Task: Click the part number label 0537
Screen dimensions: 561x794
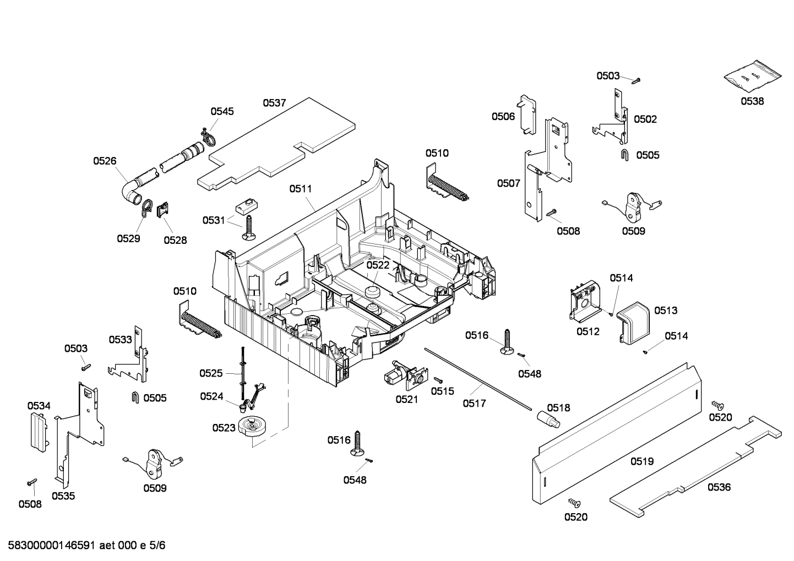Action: (x=274, y=102)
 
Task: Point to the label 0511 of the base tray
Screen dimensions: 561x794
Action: (x=301, y=189)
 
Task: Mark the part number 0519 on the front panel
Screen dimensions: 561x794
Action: (x=641, y=461)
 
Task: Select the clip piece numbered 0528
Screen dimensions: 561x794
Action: (x=163, y=211)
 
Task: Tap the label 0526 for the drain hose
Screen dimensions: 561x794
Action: (x=105, y=161)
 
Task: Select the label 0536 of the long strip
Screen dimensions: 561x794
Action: (x=719, y=487)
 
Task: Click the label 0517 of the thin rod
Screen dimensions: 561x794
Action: (x=474, y=404)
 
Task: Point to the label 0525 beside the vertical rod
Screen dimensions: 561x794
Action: (x=211, y=373)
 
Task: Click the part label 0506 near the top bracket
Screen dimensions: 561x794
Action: (x=503, y=116)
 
